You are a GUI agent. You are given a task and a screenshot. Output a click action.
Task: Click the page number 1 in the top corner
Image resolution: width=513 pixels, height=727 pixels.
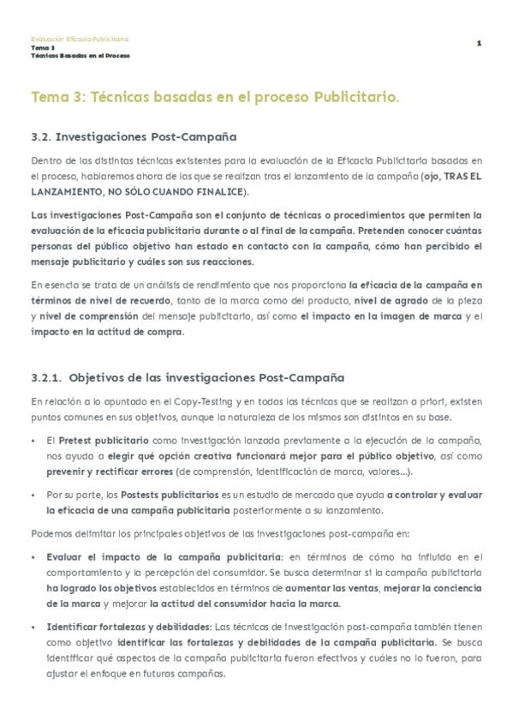[480, 44]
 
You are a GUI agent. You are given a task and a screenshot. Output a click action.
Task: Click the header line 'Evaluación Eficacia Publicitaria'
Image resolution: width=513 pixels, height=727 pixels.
[79, 39]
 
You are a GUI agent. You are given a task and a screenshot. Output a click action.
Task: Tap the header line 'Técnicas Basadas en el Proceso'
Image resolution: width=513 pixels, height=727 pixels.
[80, 55]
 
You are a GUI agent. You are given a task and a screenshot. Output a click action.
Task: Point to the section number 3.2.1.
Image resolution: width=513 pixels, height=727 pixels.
[45, 377]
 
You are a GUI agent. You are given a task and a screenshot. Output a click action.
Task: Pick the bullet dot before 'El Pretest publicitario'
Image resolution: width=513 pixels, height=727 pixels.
[33, 440]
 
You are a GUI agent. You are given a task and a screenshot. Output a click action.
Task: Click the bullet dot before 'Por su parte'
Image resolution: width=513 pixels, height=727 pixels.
[33, 495]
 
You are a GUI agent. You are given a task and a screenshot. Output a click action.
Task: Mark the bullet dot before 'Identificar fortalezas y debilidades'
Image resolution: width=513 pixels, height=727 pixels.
[33, 627]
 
